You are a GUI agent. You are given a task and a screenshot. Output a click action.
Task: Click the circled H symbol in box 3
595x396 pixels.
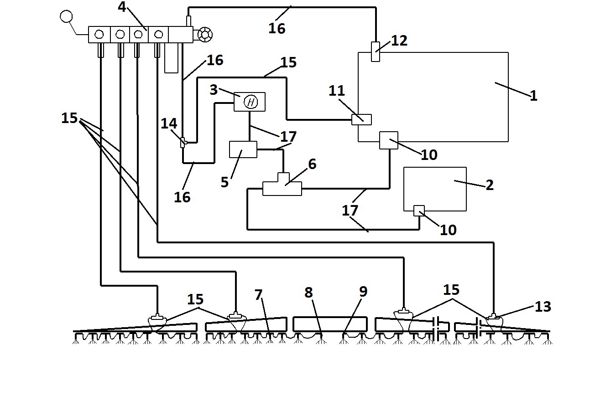[x=251, y=102]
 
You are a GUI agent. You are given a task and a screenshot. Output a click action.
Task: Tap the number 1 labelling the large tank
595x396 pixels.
[x=533, y=96]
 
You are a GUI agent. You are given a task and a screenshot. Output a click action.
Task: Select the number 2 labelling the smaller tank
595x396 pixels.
[x=490, y=185]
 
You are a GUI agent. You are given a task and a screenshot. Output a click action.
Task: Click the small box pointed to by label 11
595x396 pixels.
[x=361, y=120]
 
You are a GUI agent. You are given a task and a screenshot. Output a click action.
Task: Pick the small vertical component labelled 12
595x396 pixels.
[x=376, y=51]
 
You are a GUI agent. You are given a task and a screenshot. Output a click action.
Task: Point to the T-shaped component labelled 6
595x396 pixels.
[x=282, y=185]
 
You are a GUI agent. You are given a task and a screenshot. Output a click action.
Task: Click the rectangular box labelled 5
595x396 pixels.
[x=243, y=149]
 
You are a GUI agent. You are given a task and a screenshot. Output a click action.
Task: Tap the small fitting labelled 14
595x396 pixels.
[x=183, y=143]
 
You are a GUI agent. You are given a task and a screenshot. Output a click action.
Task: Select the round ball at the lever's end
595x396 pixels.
[x=66, y=16]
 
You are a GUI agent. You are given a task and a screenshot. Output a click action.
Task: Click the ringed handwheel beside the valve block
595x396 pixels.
[x=205, y=35]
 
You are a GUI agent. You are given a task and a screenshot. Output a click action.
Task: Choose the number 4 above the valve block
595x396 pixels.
[x=122, y=7]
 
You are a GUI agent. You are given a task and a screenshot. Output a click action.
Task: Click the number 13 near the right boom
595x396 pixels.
[x=543, y=307]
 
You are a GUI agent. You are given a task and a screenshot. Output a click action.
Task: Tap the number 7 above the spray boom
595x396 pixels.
[x=258, y=295]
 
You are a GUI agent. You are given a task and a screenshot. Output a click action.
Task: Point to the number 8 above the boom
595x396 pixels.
[x=308, y=293]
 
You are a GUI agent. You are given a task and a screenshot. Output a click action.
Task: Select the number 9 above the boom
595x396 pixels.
[x=363, y=292]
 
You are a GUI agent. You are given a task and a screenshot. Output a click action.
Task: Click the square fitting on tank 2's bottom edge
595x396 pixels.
[x=419, y=211]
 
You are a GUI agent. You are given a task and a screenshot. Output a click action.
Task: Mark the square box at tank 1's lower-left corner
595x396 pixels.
[x=389, y=140]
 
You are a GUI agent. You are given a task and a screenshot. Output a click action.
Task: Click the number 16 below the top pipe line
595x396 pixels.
[x=277, y=28]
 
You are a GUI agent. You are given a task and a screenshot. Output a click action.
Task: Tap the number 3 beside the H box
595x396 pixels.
[x=214, y=90]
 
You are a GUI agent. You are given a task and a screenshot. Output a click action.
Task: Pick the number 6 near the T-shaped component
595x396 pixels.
[x=313, y=164]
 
